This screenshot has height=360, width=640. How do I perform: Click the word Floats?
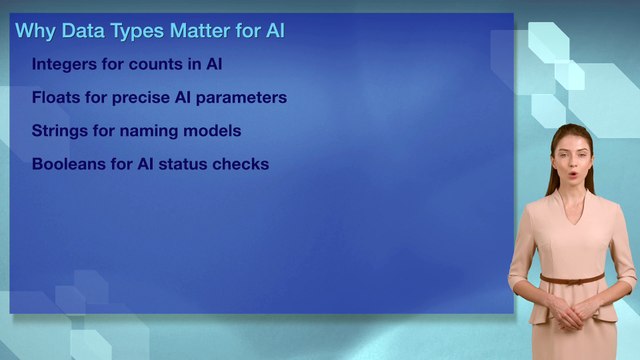55,98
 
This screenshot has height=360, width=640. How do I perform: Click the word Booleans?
68,164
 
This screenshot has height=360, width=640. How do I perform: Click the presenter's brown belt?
572,279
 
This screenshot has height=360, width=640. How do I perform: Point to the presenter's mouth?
571,175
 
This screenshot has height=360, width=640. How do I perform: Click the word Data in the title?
82,31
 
